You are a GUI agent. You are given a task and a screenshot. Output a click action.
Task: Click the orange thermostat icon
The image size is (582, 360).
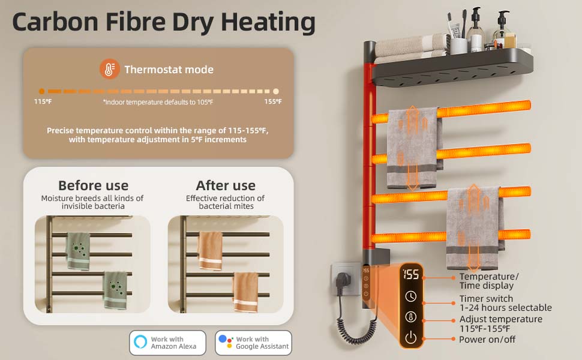[109, 69]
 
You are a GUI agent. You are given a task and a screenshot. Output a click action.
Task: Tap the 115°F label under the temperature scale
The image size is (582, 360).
[43, 101]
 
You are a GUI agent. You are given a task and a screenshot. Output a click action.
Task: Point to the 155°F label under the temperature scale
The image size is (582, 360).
[273, 101]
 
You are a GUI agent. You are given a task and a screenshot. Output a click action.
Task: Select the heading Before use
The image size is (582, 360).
[93, 185]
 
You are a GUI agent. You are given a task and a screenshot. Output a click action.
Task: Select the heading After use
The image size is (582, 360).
[226, 185]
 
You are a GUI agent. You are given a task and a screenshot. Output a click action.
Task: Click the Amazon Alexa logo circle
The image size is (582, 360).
[141, 343]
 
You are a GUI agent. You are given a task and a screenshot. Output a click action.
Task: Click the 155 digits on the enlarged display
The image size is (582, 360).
[411, 275]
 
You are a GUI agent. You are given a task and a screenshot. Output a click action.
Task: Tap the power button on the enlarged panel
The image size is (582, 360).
[411, 338]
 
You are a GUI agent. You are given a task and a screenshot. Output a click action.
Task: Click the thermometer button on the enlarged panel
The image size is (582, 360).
[411, 317]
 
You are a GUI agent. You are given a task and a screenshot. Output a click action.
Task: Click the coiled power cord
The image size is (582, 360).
[361, 331]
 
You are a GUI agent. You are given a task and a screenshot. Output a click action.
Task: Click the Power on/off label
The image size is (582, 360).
[487, 340]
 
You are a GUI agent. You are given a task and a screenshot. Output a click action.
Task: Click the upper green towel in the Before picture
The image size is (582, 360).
[78, 251]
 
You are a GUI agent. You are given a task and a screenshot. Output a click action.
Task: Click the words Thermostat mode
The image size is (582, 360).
[169, 70]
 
